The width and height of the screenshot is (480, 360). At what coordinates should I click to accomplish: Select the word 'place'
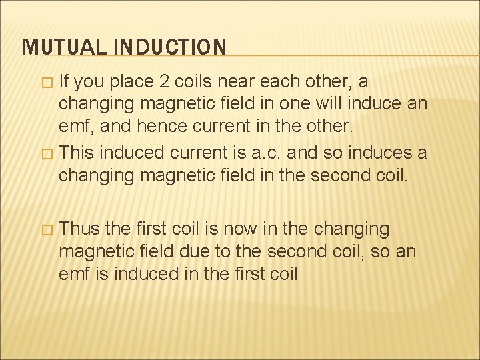tap(130, 83)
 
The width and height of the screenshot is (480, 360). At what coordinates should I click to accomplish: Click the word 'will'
tap(329, 105)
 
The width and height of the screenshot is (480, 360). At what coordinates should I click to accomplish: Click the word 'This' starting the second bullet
tap(78, 153)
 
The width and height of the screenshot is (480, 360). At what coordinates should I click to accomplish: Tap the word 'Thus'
tap(80, 229)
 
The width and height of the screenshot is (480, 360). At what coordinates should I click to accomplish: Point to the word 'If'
tap(65, 83)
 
